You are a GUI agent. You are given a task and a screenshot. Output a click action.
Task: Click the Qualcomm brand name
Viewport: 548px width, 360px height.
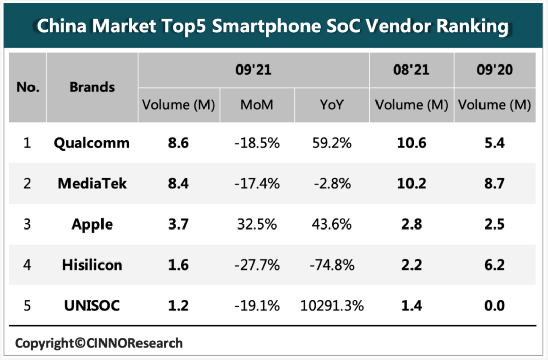[x=92, y=143]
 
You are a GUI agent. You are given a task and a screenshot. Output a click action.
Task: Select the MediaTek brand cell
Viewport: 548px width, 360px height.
[x=92, y=183]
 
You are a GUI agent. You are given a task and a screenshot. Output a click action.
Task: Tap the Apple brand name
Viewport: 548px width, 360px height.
[x=92, y=224]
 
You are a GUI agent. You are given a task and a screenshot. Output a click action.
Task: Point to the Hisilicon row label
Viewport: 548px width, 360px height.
[x=92, y=265]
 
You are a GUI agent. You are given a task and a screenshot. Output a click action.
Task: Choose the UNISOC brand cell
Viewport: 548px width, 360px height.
[x=92, y=305]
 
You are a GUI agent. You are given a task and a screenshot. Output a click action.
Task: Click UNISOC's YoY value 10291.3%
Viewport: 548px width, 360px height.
[x=332, y=305]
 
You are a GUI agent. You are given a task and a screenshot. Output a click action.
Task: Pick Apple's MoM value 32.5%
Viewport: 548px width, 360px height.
[x=257, y=224]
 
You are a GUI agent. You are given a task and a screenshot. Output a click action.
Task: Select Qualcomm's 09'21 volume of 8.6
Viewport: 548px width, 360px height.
[x=178, y=143]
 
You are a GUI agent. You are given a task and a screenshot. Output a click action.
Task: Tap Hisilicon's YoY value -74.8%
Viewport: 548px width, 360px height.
[x=332, y=265]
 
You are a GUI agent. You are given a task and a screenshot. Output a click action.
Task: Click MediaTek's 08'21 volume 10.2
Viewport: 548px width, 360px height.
[x=412, y=183]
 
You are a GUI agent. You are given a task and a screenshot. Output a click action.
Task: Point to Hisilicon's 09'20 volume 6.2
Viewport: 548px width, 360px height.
[x=494, y=265]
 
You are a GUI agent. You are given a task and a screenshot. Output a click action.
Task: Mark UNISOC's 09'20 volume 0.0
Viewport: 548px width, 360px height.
[x=494, y=305]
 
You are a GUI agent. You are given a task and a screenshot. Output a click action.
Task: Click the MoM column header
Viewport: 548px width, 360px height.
[x=257, y=105]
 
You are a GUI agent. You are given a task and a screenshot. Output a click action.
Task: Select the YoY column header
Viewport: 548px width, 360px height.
[x=332, y=105]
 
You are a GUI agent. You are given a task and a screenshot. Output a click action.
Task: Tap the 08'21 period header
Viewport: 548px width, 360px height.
[x=412, y=70]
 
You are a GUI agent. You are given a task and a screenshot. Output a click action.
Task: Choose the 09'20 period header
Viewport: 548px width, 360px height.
[x=494, y=70]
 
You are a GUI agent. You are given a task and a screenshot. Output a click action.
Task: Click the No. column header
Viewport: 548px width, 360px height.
[x=27, y=87]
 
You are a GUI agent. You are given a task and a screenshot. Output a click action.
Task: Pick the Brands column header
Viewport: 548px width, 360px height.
[x=92, y=87]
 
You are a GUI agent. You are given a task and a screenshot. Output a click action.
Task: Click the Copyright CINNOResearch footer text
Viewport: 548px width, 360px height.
[x=98, y=343]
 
